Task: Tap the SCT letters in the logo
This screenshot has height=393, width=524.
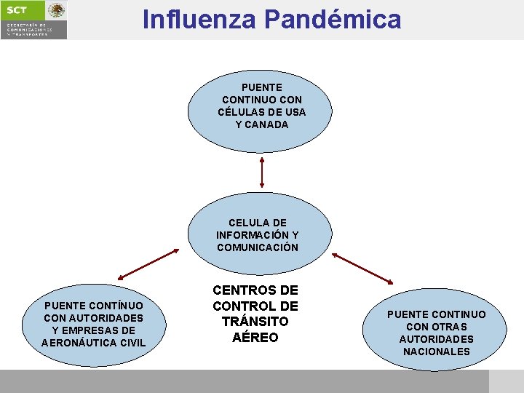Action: pos(17,10)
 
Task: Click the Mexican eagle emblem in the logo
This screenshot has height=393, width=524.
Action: pos(56,10)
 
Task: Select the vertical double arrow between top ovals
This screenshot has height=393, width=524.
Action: pos(262,172)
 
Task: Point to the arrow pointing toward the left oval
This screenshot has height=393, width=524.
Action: pos(148,264)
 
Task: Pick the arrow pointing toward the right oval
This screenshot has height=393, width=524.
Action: pos(362,269)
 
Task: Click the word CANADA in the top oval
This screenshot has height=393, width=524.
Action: pos(267,124)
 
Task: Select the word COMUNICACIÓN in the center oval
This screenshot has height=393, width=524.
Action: pos(258,247)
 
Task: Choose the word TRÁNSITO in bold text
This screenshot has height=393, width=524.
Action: pos(255,322)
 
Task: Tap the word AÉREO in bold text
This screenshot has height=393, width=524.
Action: pos(255,338)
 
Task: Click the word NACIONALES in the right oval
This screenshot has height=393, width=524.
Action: pos(437,352)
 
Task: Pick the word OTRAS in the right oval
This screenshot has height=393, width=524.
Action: pos(452,327)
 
